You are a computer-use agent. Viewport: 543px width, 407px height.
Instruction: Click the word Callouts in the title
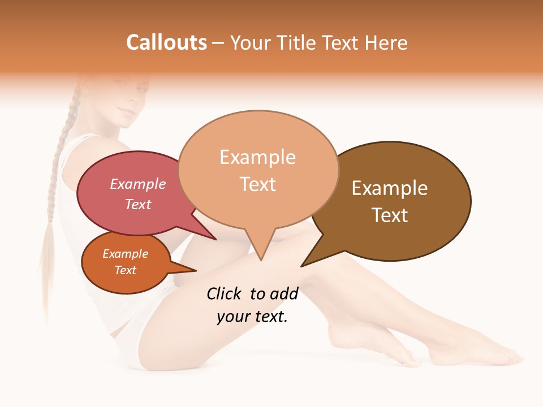coord(166,42)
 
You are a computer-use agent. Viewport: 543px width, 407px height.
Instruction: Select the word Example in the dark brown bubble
coord(390,188)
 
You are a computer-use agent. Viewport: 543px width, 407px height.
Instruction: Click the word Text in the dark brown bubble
coord(390,215)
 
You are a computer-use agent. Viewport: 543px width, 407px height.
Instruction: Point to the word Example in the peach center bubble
coord(257,157)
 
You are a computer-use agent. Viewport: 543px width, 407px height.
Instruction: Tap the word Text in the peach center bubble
coord(258,184)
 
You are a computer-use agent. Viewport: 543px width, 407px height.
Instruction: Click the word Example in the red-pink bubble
coord(138,184)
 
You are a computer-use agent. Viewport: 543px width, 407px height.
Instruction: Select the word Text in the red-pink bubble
coord(138,205)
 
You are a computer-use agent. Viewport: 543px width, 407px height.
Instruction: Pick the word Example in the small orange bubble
coord(126,254)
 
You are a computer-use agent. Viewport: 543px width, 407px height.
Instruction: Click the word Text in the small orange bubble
coord(126,270)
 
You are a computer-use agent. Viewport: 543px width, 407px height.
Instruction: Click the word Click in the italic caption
coord(224,293)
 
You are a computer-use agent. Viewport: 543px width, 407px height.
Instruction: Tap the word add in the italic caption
coord(284,293)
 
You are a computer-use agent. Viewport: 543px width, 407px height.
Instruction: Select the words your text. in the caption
coord(252,317)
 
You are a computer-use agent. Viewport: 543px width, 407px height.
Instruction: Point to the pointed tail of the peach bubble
coord(261,256)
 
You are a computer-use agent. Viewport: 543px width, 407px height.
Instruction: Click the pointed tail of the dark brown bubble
coord(305,263)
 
